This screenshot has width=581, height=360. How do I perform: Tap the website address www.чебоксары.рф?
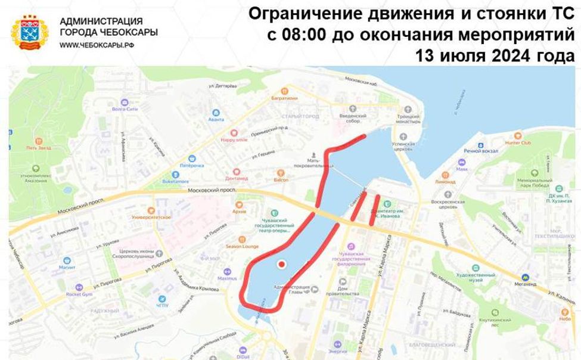[x=94, y=45]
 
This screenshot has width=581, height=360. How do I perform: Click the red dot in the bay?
[x=282, y=263]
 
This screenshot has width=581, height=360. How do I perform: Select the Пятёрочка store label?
[x=192, y=165]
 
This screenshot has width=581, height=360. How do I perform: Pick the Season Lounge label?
[x=241, y=246]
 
